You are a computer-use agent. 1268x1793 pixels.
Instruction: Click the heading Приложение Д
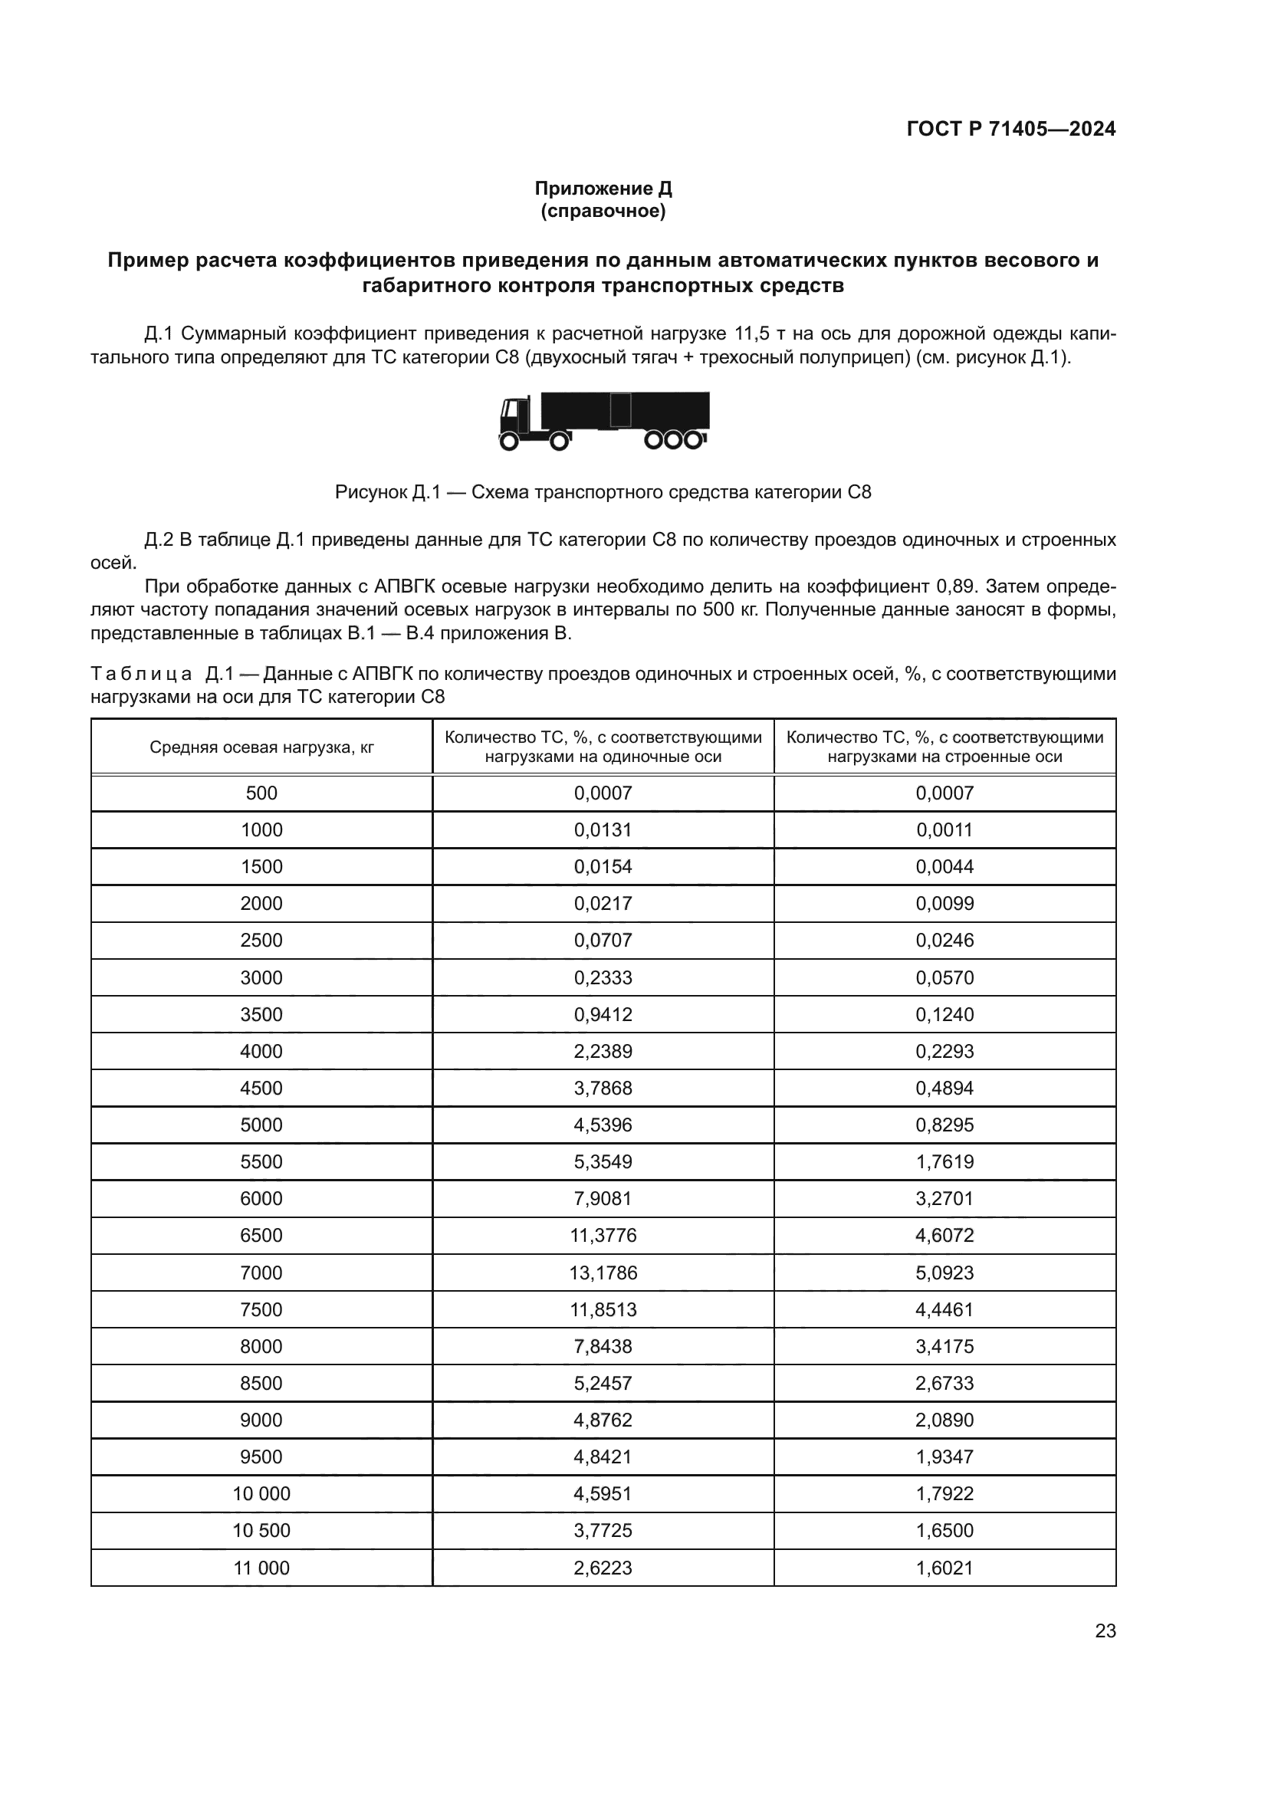603,189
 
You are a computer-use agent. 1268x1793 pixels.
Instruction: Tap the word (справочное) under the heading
603,212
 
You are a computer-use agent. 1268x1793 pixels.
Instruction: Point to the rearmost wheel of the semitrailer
692,441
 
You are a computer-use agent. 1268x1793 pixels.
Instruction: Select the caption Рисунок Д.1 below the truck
603,492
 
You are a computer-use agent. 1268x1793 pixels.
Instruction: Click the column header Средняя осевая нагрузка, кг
261,747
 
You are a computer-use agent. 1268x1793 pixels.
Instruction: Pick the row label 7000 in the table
261,1273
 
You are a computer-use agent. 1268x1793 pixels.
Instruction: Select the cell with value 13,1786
603,1273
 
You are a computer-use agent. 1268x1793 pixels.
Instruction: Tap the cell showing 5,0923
944,1273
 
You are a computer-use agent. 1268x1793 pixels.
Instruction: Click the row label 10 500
261,1531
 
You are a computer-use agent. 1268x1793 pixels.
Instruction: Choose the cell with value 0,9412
603,1014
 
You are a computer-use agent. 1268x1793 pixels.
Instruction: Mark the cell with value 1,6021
944,1568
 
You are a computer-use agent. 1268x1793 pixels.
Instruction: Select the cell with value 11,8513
603,1309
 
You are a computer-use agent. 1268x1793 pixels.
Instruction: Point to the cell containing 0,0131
603,829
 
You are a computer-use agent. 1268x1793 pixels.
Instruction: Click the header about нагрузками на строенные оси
944,747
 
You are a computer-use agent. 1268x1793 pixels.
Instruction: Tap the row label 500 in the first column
261,793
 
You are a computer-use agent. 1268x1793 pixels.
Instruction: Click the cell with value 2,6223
603,1568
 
